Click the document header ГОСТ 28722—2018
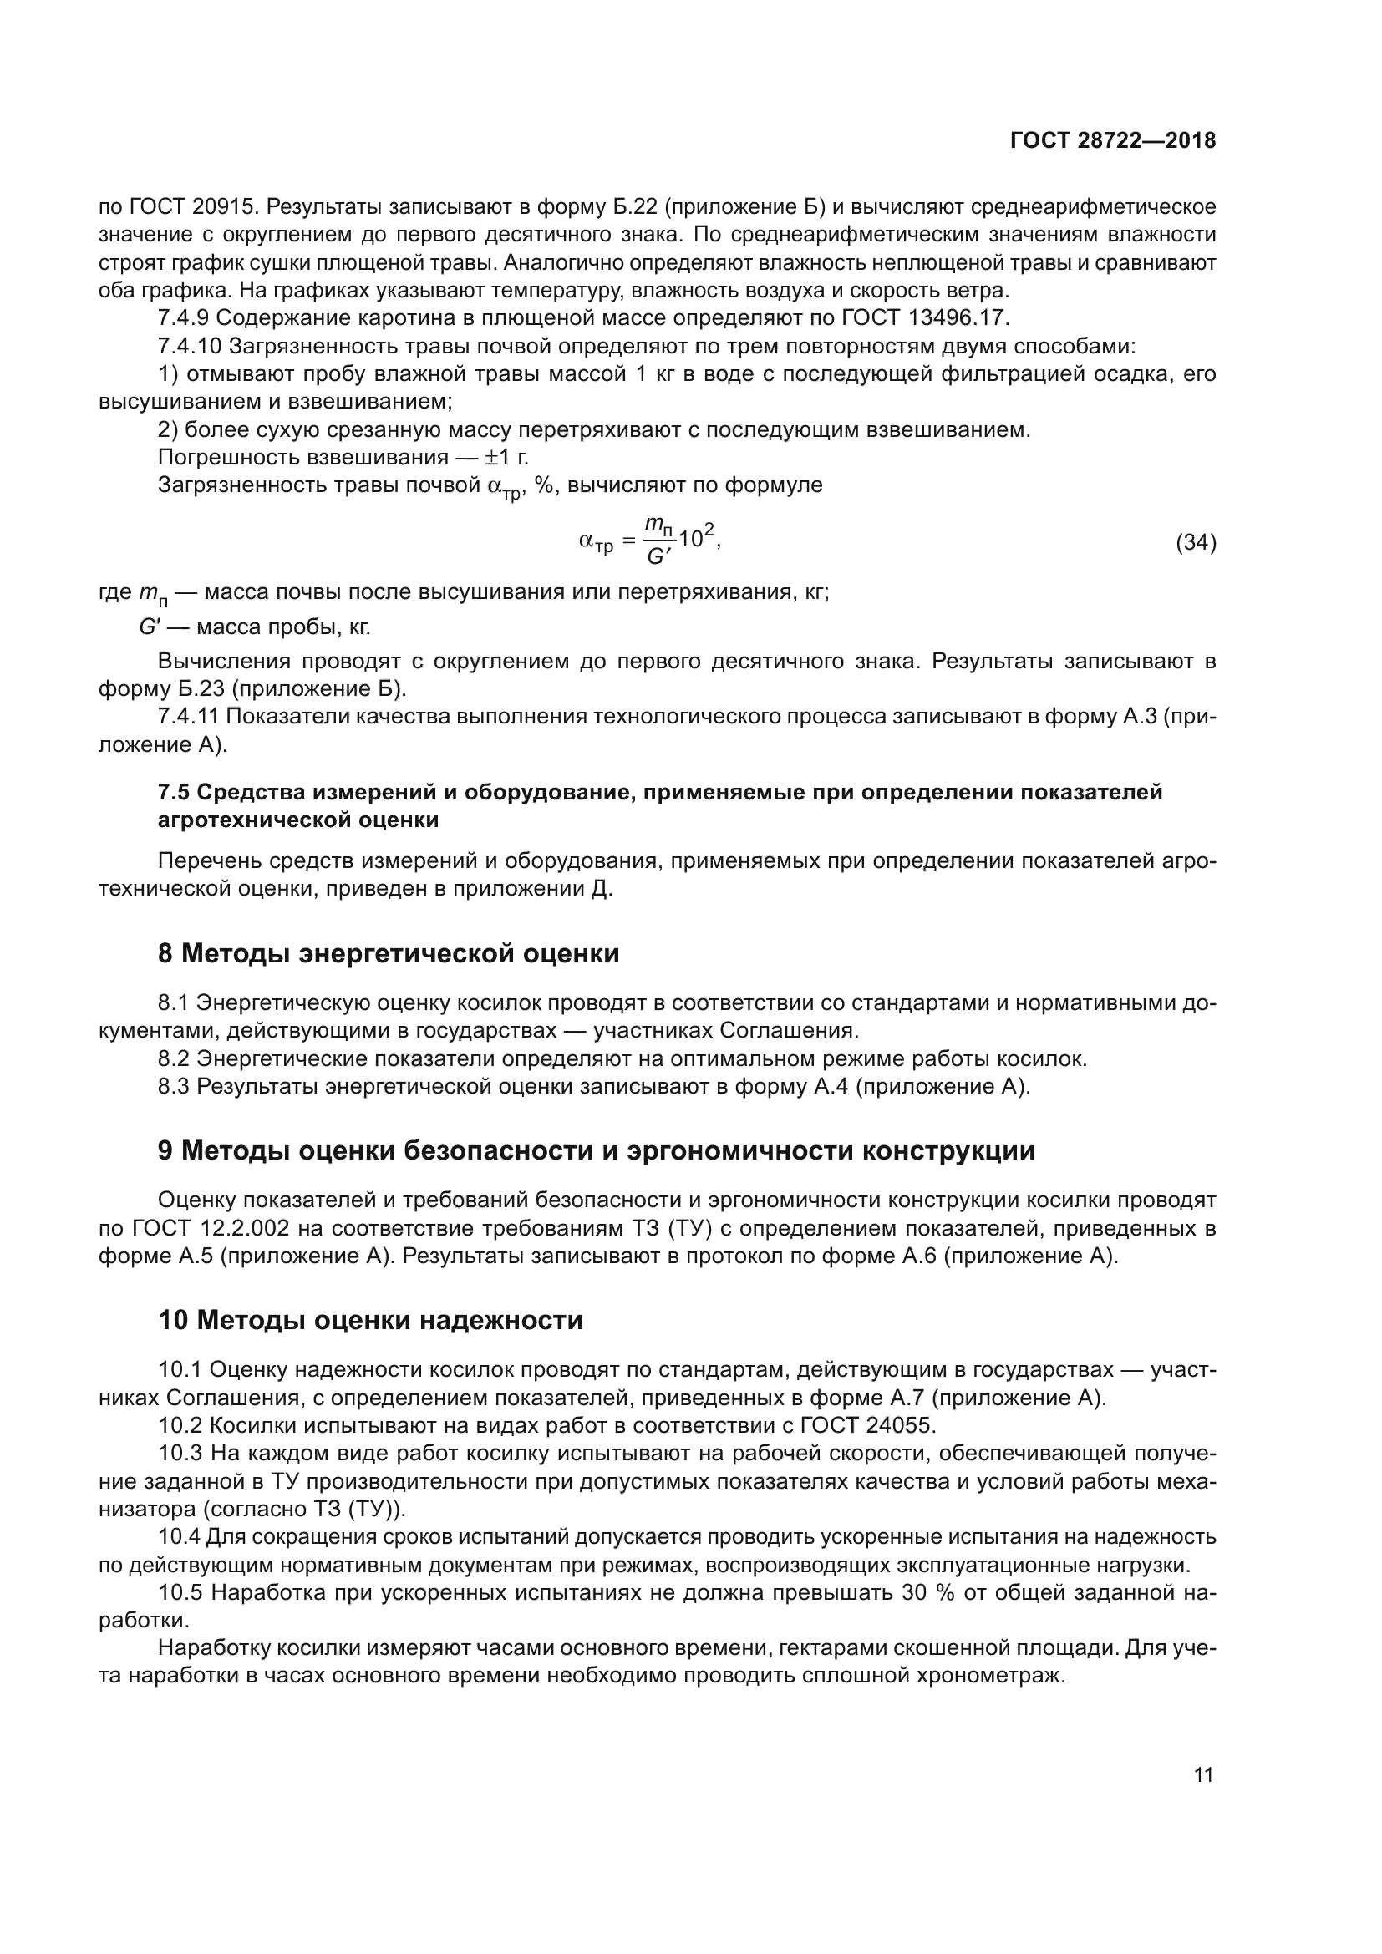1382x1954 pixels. [1113, 140]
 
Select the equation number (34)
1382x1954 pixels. [1196, 542]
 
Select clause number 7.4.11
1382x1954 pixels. [189, 717]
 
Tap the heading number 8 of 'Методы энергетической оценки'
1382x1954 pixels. [165, 954]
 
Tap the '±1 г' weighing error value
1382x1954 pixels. [506, 457]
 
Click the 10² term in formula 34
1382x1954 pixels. [698, 538]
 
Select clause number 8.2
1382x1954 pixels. [174, 1058]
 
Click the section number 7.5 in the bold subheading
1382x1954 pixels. [174, 792]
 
